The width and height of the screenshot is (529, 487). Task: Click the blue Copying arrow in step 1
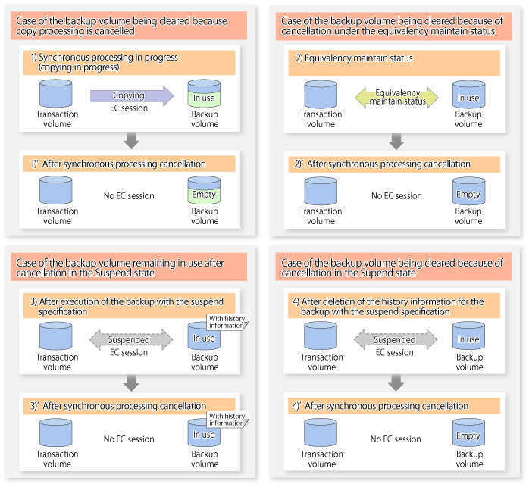pyautogui.click(x=130, y=96)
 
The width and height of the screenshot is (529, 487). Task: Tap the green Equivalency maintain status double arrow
pyautogui.click(x=397, y=97)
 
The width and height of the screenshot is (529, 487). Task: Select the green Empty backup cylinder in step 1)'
pyautogui.click(x=204, y=192)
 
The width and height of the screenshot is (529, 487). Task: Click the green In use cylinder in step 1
pyautogui.click(x=204, y=95)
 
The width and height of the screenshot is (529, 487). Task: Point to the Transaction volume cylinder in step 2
pyautogui.click(x=321, y=95)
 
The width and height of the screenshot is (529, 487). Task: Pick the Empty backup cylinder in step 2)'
pyautogui.click(x=468, y=192)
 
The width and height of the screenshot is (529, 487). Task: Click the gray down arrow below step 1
pyautogui.click(x=131, y=142)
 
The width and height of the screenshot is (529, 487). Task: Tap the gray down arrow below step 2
pyautogui.click(x=396, y=142)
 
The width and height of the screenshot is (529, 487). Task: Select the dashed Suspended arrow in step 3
pyautogui.click(x=130, y=340)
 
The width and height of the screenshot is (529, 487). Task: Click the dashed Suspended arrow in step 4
pyautogui.click(x=396, y=340)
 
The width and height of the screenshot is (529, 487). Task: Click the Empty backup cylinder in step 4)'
pyautogui.click(x=468, y=435)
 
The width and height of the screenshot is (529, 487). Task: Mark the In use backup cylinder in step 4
pyautogui.click(x=468, y=338)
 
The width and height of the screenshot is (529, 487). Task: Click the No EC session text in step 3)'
pyautogui.click(x=129, y=439)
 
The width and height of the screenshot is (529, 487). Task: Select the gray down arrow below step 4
pyautogui.click(x=396, y=383)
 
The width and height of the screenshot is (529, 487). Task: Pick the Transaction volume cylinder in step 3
pyautogui.click(x=57, y=337)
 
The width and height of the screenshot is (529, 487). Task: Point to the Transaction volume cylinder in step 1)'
pyautogui.click(x=57, y=192)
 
